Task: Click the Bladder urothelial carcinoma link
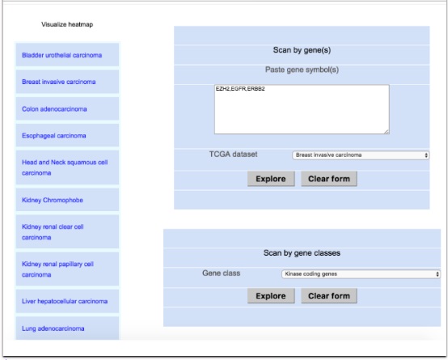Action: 61,55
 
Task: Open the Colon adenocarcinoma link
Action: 54,109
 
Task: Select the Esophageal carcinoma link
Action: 54,136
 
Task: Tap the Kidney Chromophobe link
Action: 53,200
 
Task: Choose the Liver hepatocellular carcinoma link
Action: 65,301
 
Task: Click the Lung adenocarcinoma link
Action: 53,328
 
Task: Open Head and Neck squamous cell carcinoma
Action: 65,167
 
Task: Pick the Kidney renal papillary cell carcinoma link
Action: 57,269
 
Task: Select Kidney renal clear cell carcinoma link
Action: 53,232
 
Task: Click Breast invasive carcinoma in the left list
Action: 58,82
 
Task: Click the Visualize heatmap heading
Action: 67,24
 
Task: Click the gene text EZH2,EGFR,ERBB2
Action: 240,89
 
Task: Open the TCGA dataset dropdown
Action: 361,155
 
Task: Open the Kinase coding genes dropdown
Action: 361,274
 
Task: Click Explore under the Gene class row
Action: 271,295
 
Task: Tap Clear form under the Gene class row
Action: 329,295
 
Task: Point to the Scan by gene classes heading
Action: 302,253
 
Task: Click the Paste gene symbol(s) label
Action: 302,70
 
